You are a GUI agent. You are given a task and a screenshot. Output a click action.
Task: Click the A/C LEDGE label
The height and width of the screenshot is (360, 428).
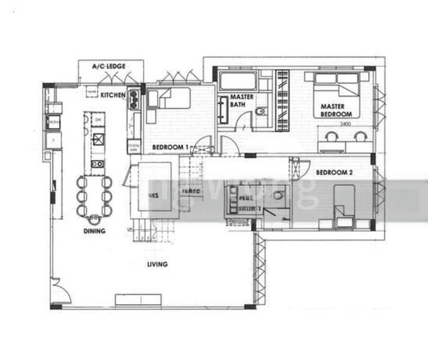coord(108,66)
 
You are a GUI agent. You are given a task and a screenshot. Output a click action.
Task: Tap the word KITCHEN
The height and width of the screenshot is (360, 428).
coord(113,95)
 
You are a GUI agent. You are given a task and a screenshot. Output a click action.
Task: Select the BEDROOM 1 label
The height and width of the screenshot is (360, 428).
coord(170,147)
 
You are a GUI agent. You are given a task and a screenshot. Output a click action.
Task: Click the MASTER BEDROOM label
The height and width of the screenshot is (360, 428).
coord(331,110)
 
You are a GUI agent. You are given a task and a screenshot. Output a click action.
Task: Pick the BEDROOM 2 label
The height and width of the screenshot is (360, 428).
coord(334,173)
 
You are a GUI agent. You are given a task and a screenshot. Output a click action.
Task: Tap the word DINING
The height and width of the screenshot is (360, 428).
coord(95,231)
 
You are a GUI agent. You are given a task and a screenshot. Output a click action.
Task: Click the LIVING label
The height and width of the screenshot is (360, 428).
coord(157,264)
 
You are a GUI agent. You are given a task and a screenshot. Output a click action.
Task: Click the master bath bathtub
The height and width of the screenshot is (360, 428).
coord(238,81)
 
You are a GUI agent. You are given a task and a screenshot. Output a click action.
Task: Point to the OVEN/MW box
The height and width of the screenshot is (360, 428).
coord(134,148)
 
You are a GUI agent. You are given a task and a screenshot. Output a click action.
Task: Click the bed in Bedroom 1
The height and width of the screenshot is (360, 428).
coord(168,98)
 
